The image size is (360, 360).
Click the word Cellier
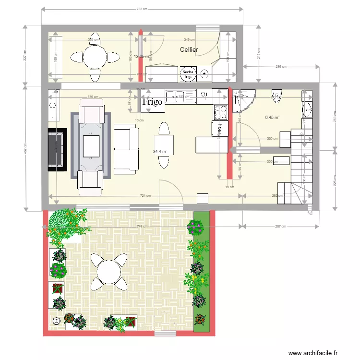pos(189,50)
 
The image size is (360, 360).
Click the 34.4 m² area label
pos(160,152)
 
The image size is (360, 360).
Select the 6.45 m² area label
pos(272,117)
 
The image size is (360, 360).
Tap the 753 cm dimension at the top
pos(142,9)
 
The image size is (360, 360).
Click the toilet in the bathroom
pos(276,96)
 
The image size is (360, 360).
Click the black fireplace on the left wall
pos(57,149)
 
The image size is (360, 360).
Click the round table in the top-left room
pos(95,57)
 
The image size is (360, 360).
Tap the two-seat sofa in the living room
pos(125,148)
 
